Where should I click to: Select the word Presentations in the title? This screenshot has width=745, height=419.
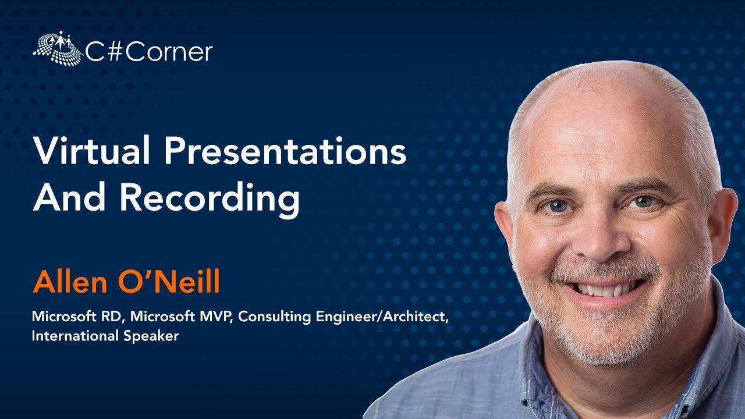pyautogui.click(x=285, y=153)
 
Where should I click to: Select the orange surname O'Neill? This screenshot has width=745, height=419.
pyautogui.click(x=169, y=282)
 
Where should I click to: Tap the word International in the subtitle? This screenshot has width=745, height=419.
pyautogui.click(x=72, y=336)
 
